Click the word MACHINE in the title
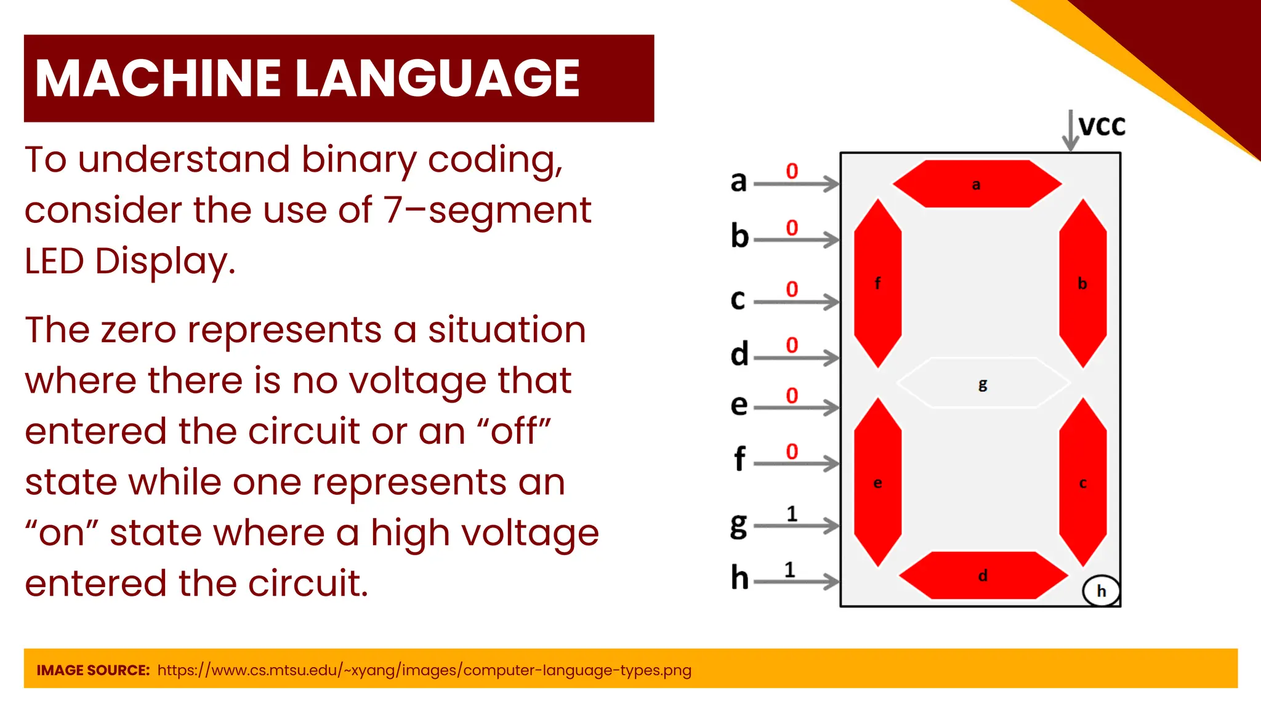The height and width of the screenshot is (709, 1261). [x=158, y=78]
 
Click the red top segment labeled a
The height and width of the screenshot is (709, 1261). [x=977, y=184]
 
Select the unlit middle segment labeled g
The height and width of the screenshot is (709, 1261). [x=983, y=383]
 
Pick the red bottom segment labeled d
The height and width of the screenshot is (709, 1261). [x=983, y=575]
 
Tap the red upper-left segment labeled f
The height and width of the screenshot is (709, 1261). [x=877, y=283]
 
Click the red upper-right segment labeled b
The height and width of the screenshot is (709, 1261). [x=1082, y=283]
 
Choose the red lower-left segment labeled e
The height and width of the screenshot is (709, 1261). [x=877, y=483]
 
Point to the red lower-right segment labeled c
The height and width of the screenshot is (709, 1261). [x=1082, y=483]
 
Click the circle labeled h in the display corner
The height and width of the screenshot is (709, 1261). [x=1101, y=591]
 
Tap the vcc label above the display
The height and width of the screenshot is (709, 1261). [x=1102, y=126]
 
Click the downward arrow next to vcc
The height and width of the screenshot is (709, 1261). [x=1071, y=130]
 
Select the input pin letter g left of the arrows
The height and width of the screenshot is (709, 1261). [x=738, y=525]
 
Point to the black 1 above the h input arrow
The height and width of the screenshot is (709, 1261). [x=790, y=570]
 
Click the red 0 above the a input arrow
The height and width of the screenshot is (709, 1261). [x=792, y=171]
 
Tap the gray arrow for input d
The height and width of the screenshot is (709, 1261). [x=796, y=358]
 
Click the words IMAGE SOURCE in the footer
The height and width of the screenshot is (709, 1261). [x=93, y=670]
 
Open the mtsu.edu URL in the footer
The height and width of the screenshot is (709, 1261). [x=424, y=670]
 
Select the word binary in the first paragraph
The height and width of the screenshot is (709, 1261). [x=358, y=160]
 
